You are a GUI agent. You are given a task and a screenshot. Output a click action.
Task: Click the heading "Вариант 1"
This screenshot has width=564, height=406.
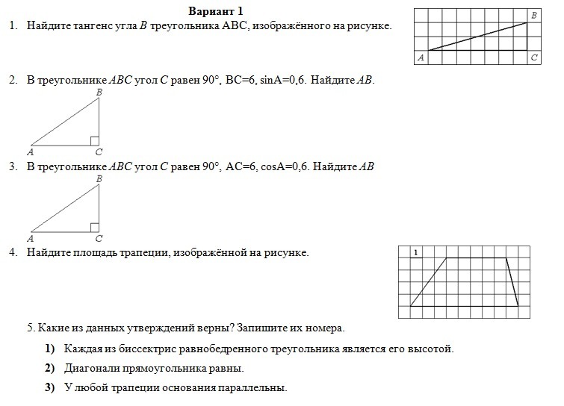[216, 11]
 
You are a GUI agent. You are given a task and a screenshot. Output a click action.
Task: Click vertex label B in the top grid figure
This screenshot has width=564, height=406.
[533, 14]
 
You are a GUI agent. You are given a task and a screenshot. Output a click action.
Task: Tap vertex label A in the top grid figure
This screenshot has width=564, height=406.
[421, 57]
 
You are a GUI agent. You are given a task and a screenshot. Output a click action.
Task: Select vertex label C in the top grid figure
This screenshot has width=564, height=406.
[533, 57]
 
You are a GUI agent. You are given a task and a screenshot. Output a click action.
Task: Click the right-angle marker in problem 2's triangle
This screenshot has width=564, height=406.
[94, 140]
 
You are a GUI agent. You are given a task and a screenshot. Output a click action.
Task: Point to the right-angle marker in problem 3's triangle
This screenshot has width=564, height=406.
[94, 227]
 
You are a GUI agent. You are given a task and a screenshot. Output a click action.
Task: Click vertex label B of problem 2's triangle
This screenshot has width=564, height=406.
[99, 92]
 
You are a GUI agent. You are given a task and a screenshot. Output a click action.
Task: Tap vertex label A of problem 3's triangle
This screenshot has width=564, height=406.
[31, 239]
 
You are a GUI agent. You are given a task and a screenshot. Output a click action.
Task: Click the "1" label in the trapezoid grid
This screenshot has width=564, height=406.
[415, 253]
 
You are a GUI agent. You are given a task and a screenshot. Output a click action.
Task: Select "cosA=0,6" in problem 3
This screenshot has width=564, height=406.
[284, 166]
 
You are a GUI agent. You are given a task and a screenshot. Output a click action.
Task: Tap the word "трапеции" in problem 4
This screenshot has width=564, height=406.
[146, 253]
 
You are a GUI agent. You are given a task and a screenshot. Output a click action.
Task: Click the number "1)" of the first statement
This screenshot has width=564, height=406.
[50, 349]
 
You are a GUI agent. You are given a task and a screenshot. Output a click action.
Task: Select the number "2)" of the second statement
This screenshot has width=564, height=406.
[50, 368]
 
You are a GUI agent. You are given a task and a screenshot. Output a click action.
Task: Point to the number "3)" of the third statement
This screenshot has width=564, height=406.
[50, 387]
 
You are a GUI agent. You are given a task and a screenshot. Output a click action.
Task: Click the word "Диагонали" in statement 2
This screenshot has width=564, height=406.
[90, 368]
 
